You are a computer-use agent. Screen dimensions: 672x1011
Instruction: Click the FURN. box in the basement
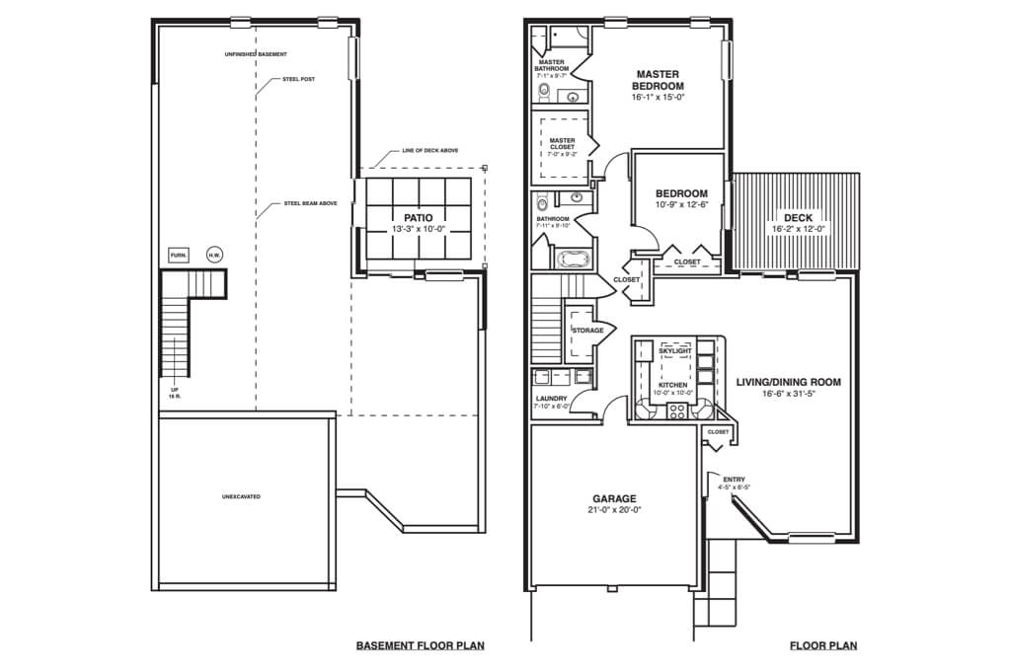[x=179, y=255]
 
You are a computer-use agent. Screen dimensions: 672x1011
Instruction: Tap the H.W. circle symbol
[x=214, y=255]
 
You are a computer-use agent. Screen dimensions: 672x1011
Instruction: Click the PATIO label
[x=419, y=217]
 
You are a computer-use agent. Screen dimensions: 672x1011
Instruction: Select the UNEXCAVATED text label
[x=241, y=496]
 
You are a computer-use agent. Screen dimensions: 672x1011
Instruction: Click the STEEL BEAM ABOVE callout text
[x=310, y=203]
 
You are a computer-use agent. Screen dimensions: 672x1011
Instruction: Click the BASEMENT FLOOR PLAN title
[x=420, y=646]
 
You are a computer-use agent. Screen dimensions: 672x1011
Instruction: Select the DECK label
[x=798, y=217]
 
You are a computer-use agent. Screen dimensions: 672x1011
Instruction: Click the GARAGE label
[x=613, y=498]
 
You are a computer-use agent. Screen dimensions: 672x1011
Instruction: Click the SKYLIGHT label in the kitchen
[x=675, y=350]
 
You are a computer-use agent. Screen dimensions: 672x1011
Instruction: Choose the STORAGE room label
[x=587, y=331]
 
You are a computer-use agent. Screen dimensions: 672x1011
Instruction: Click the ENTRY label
[x=734, y=480]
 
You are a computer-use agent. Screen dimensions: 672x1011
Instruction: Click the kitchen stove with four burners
[x=677, y=411]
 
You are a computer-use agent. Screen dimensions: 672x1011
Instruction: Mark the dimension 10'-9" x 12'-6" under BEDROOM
[x=682, y=204]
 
